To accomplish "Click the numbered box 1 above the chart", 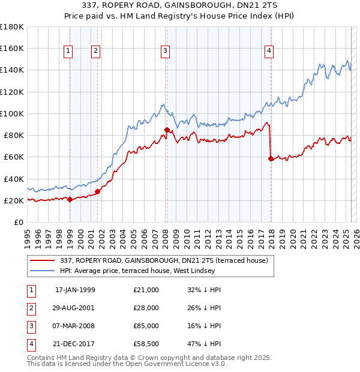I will (68, 52).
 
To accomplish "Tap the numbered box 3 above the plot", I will (164, 52).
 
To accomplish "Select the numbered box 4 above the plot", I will (269, 52).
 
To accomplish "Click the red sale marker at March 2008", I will (167, 130).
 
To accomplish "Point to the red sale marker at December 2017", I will (271, 158).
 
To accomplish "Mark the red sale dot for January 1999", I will (70, 199).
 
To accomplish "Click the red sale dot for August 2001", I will (97, 191).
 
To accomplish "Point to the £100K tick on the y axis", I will (11, 113).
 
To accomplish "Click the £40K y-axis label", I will (13, 179).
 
